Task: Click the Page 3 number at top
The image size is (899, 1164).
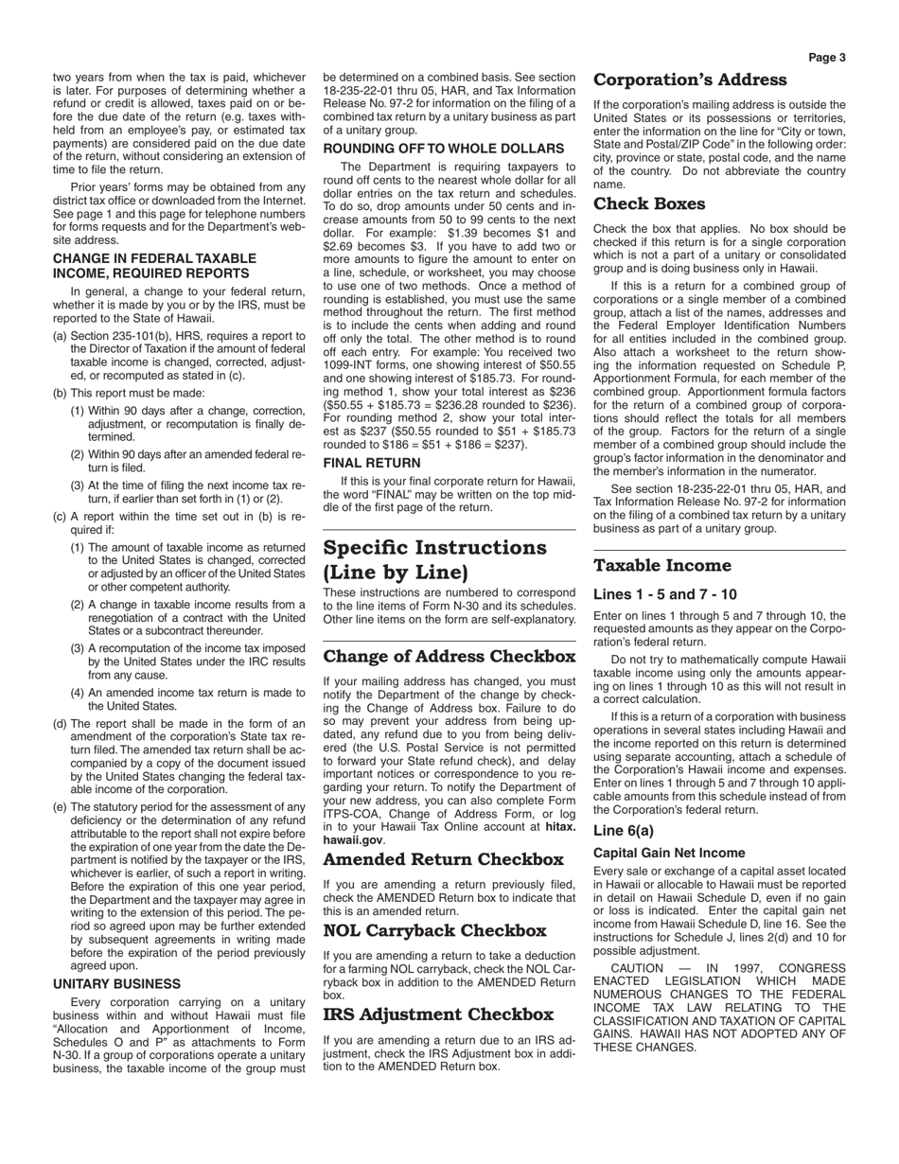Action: pos(827,58)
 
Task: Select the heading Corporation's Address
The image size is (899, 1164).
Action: pos(690,80)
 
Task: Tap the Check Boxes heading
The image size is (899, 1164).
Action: pos(649,204)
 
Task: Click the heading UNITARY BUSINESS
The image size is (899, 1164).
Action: pos(117,984)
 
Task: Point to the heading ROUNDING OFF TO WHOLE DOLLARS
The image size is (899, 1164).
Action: pos(444,149)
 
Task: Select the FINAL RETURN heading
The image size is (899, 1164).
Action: pos(372,463)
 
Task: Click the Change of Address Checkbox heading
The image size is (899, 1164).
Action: pos(436,657)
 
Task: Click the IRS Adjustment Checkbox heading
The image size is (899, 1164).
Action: pos(438,1015)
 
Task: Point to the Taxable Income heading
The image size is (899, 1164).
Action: pos(662,566)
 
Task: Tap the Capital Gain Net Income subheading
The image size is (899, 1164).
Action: pos(669,853)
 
